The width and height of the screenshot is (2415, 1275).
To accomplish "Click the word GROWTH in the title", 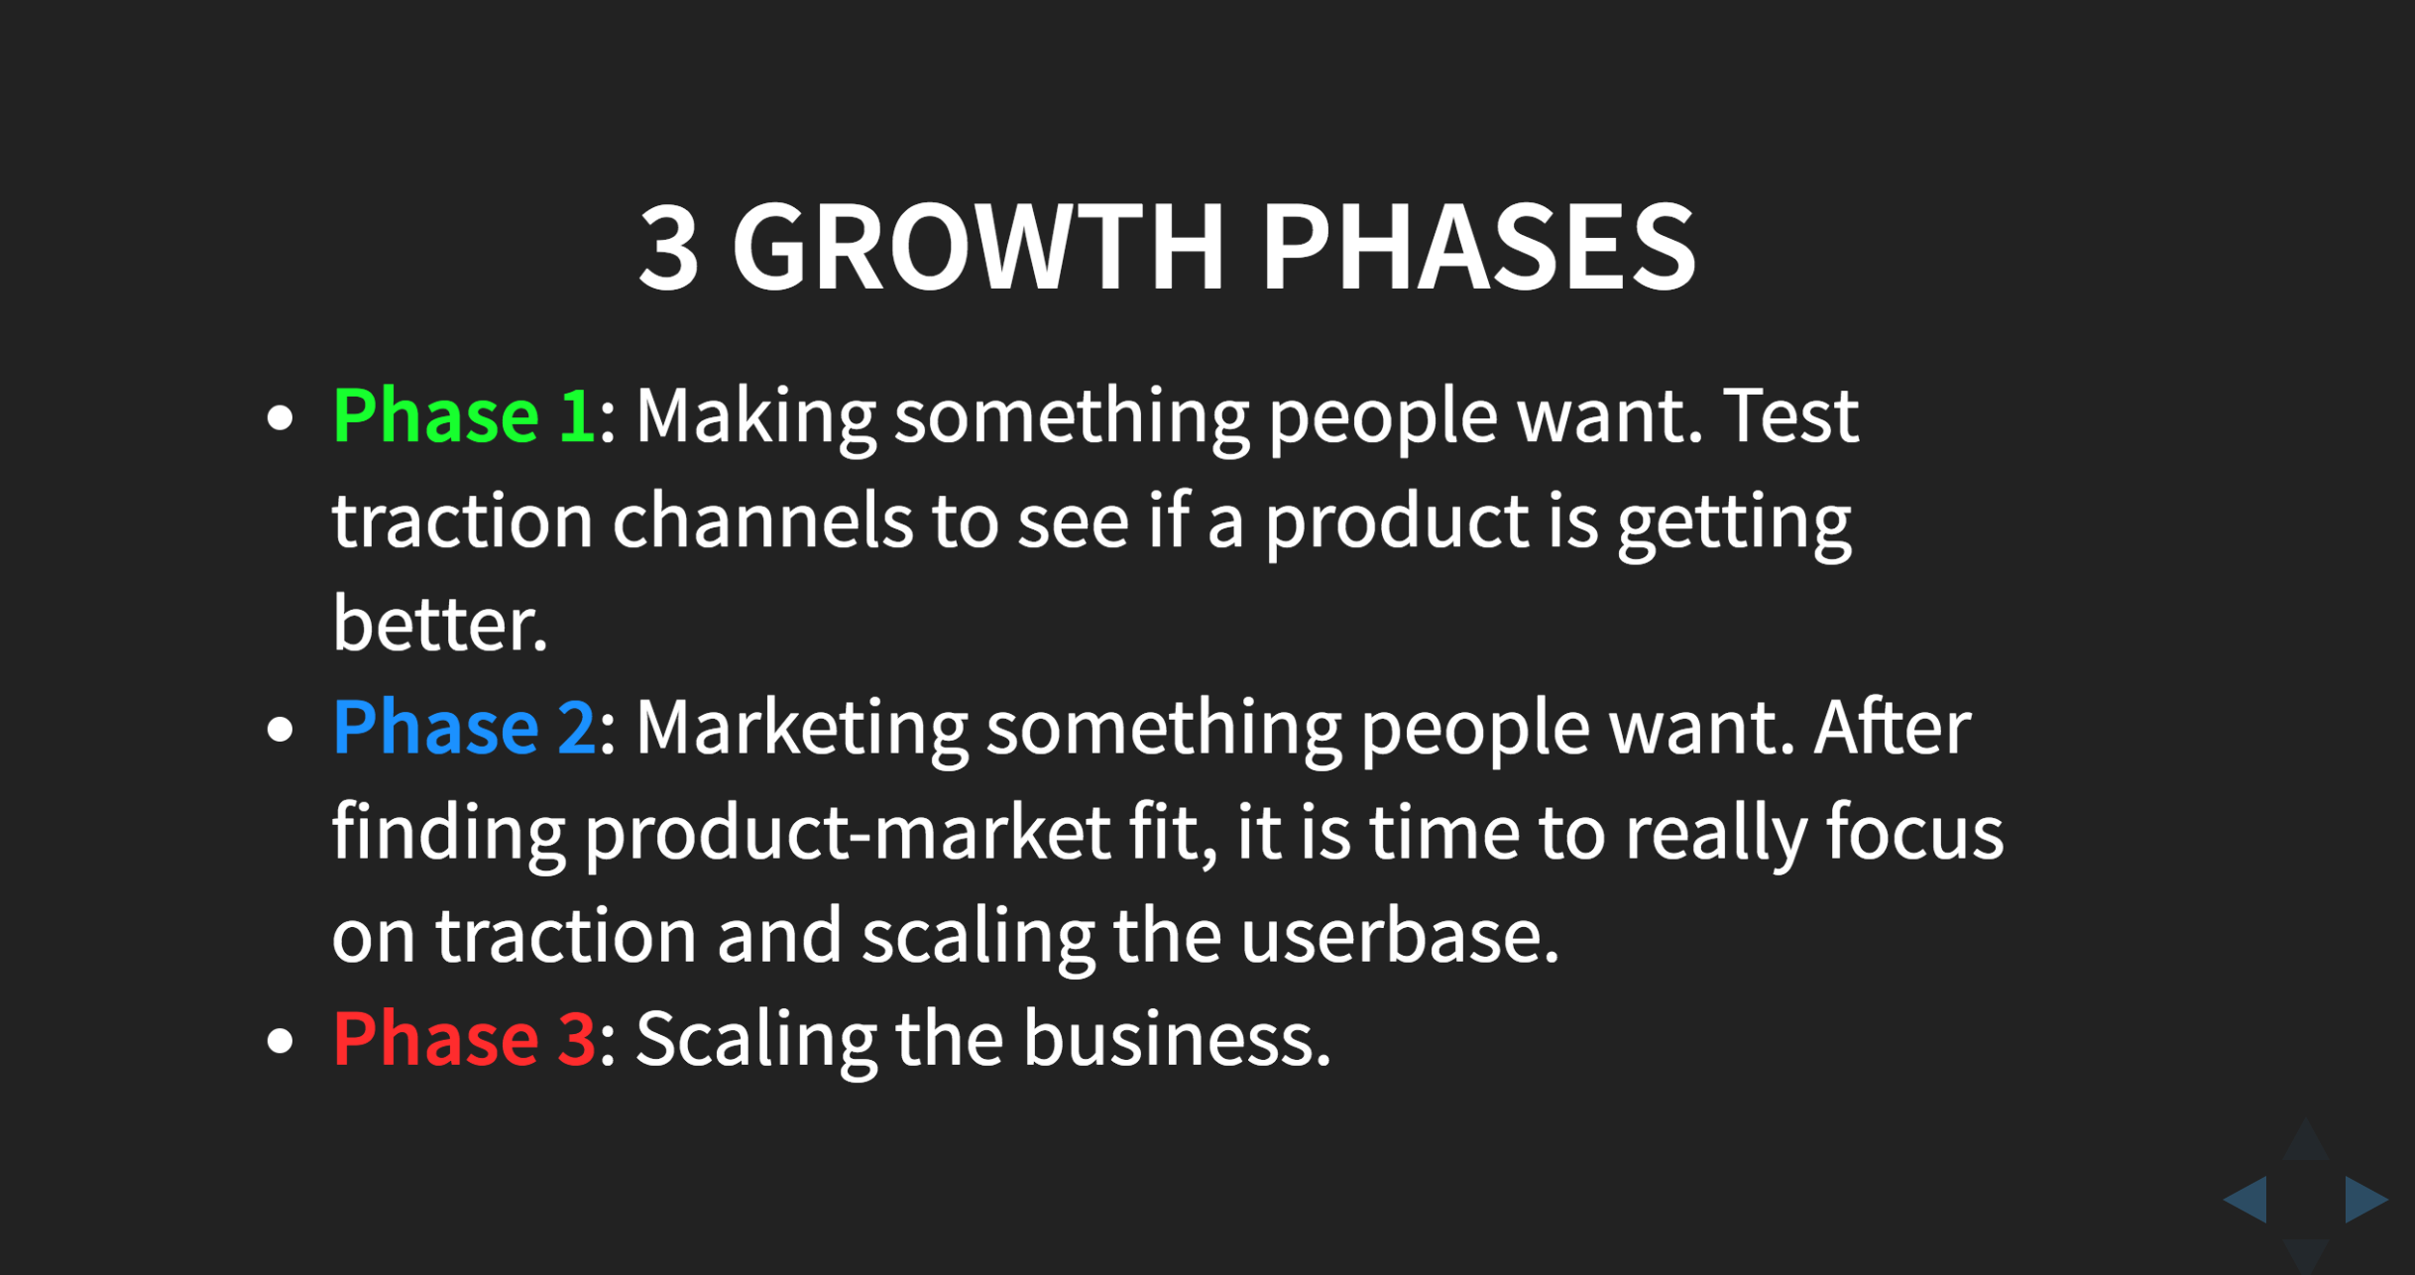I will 977,247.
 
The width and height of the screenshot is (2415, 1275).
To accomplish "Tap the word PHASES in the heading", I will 1478,247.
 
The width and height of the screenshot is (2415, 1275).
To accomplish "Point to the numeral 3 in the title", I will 669,247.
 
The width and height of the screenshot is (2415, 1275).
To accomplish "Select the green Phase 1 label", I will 463,416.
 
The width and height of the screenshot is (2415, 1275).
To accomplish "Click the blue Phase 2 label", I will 463,728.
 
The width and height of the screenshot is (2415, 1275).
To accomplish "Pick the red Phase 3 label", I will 463,1039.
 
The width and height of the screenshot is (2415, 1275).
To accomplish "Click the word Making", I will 755,416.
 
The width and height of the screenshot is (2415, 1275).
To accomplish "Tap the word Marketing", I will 801,728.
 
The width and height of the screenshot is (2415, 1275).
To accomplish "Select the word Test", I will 1790,416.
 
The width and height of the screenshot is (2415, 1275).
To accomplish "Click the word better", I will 438,625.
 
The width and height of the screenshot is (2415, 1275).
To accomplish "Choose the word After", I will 1892,728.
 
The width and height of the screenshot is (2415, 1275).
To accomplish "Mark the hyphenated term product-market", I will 848,834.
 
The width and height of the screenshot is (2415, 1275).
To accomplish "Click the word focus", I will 1914,833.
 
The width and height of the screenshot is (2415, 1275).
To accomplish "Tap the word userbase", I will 1399,936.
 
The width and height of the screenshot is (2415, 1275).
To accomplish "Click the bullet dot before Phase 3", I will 281,1041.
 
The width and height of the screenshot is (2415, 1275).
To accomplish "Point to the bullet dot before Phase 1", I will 281,418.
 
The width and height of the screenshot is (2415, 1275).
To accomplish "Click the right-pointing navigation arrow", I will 2364,1200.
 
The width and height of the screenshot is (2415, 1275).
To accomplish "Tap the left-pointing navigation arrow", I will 2247,1200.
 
